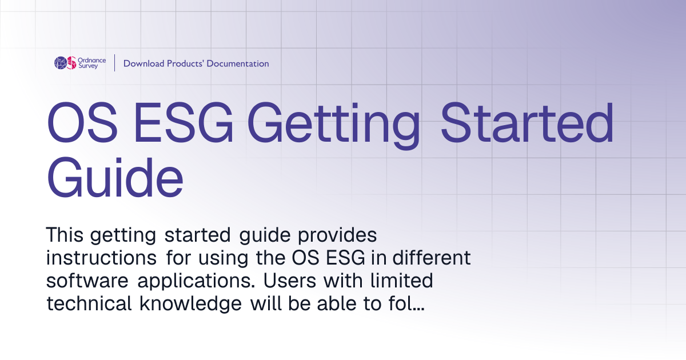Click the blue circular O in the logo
point(61,63)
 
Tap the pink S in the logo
point(71,63)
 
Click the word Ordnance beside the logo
point(92,61)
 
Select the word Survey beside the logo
point(88,66)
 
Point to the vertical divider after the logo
point(115,63)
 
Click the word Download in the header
point(143,63)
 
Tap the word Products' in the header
point(186,63)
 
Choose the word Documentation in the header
point(238,63)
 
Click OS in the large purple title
point(82,122)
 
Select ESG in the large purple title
point(184,122)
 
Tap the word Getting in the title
point(333,126)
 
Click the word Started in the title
point(527,122)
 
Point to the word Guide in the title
point(115,178)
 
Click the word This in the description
point(64,235)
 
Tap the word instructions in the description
point(101,258)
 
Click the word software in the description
point(87,281)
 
